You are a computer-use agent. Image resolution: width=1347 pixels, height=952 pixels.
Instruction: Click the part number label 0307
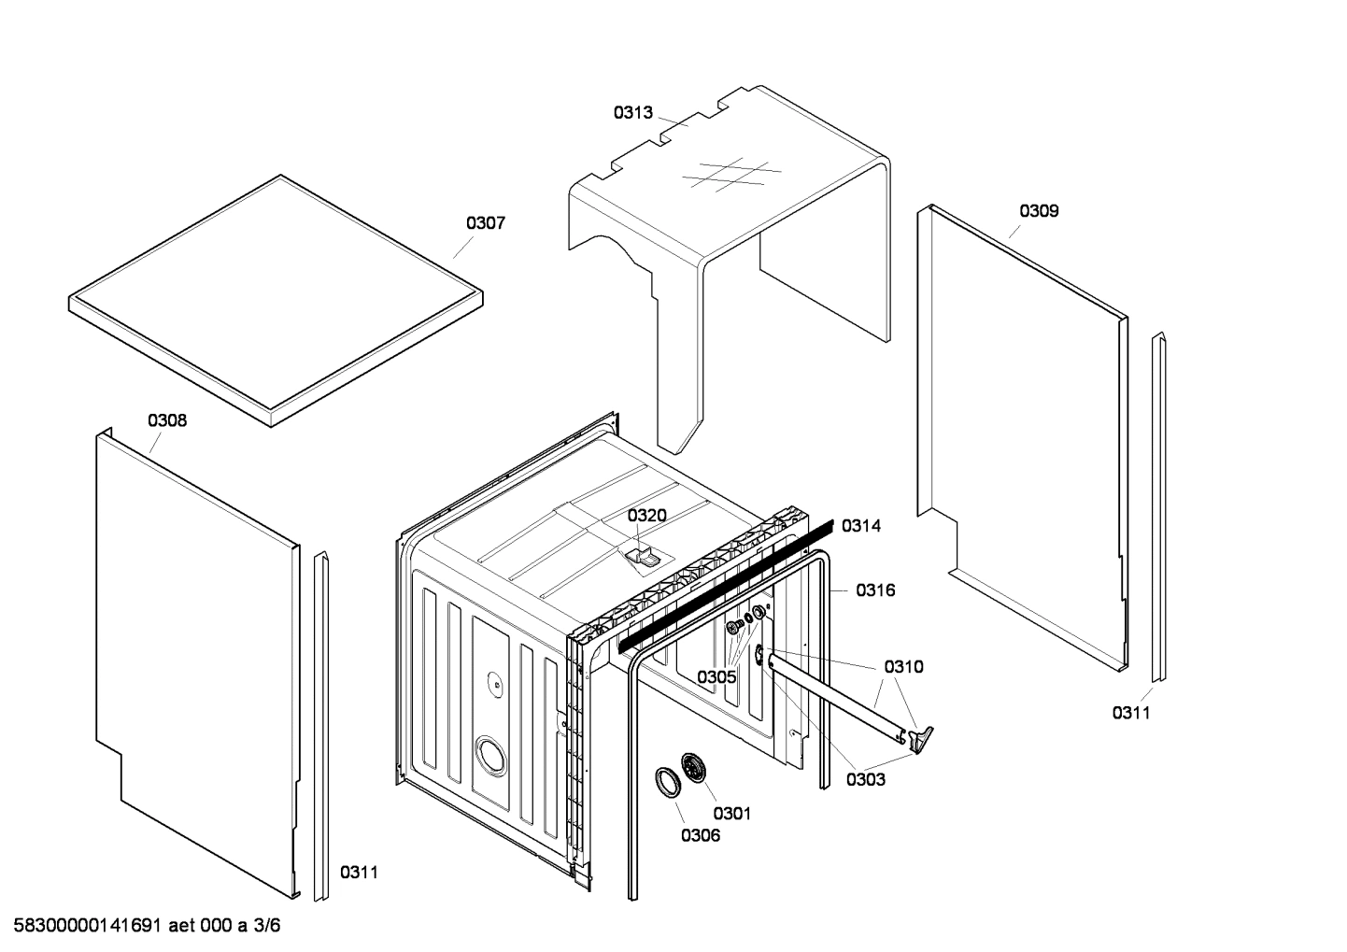click(x=486, y=223)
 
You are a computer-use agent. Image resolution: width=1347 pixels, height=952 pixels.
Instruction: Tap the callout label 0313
click(x=632, y=113)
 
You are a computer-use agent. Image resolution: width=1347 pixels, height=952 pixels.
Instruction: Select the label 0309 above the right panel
click(x=1039, y=211)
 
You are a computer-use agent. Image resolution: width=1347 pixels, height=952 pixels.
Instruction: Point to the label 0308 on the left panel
click(x=167, y=420)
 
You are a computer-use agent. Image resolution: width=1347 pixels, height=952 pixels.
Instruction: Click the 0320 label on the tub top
click(x=646, y=516)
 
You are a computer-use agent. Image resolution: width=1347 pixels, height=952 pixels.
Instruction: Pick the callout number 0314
click(x=860, y=526)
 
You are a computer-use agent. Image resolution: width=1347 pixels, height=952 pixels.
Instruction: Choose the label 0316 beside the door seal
click(x=875, y=590)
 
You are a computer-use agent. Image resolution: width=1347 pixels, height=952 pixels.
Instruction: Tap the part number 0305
click(x=716, y=676)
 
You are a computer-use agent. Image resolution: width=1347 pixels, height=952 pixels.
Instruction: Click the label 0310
click(x=903, y=667)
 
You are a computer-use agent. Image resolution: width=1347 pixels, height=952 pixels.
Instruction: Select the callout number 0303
click(x=866, y=779)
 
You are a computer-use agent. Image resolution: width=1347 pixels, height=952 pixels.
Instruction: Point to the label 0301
click(x=731, y=814)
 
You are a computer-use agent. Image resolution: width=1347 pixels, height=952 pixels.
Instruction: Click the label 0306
click(x=700, y=835)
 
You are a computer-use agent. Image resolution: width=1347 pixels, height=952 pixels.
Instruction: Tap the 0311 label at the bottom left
click(x=359, y=873)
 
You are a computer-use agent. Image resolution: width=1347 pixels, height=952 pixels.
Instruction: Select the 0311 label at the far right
click(x=1130, y=714)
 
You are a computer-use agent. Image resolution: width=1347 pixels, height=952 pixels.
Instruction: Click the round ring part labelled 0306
click(x=667, y=781)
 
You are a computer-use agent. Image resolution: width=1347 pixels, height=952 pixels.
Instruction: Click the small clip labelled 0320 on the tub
click(x=640, y=558)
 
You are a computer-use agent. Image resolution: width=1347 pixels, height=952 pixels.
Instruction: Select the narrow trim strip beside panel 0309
click(x=1158, y=509)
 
